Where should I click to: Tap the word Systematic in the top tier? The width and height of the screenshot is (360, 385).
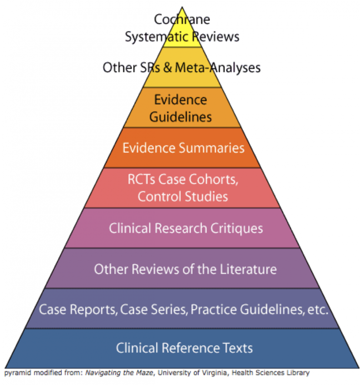click(x=158, y=37)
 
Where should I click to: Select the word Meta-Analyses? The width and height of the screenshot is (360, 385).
click(x=218, y=68)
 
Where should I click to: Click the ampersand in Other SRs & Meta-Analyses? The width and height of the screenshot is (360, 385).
click(x=167, y=68)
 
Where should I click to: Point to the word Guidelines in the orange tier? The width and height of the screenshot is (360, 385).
click(x=181, y=117)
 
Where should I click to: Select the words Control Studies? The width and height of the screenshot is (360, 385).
click(x=183, y=196)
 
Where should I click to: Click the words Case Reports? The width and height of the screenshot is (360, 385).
click(x=78, y=309)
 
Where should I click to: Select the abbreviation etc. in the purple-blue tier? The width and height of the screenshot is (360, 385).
click(x=318, y=309)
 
